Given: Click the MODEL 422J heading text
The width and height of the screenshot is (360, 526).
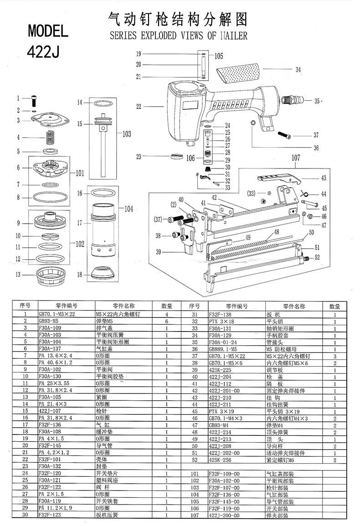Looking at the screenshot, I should click(48, 41).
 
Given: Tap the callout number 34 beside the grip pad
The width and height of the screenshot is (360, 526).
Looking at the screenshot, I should click(298, 70).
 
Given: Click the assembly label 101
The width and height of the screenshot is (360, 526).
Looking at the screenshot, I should click(80, 173).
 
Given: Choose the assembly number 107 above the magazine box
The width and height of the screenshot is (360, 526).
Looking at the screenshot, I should click(296, 158).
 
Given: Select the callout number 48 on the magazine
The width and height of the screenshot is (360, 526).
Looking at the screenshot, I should click(276, 232).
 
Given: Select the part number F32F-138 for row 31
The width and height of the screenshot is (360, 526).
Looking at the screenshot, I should click(221, 314).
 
